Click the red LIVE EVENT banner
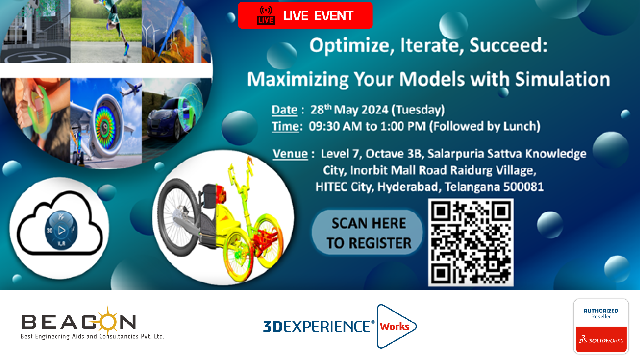point(305,15)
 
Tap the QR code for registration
point(471,242)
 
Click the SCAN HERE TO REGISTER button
point(367,232)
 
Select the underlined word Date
point(284,110)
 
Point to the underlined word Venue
point(290,154)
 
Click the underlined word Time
point(285,126)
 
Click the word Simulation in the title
point(562,79)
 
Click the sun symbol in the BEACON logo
point(108,321)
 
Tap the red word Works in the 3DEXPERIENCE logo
point(395,327)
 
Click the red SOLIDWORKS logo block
point(601,339)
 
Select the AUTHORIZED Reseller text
point(601,313)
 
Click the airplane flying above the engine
point(130,88)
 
